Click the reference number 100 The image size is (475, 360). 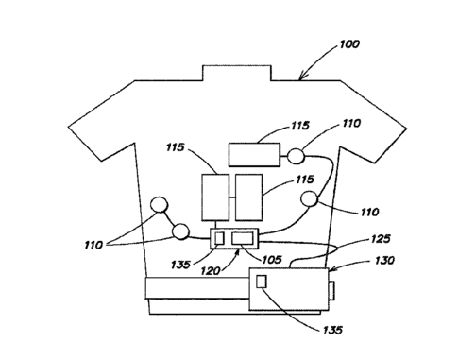[x=349, y=44]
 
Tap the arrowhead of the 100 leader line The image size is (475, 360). [x=302, y=77]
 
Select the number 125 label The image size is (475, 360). [x=381, y=239]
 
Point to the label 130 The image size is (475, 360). [x=384, y=261]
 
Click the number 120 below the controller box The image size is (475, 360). [x=211, y=270]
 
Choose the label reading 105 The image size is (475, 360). [x=272, y=260]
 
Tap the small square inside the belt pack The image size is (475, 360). [x=262, y=282]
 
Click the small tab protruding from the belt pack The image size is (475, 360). [x=331, y=291]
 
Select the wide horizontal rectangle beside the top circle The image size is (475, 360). [x=254, y=155]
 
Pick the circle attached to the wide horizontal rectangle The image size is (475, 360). [x=297, y=156]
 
